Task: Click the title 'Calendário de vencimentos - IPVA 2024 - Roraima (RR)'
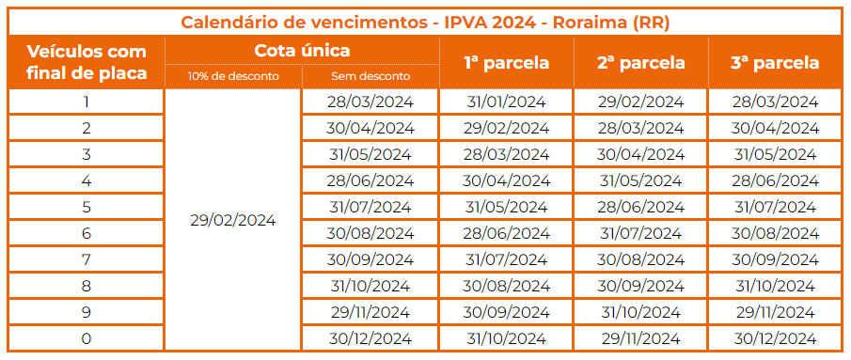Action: point(426,22)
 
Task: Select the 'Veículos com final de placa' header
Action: point(87,62)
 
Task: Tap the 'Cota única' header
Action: point(302,51)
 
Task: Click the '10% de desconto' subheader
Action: point(232,76)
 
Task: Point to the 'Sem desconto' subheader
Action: point(370,76)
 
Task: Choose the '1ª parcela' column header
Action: point(506,63)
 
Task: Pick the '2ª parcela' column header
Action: point(640,63)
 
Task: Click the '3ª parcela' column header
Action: point(775,63)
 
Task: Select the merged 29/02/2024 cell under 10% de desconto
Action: point(232,220)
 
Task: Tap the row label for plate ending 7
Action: point(87,259)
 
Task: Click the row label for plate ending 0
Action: point(87,338)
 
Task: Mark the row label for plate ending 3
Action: point(87,154)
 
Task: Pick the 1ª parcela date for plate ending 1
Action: point(506,102)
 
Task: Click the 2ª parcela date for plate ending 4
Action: point(640,180)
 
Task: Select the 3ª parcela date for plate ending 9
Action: point(775,312)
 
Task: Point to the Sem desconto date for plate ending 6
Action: point(370,233)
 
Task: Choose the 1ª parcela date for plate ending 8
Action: point(506,286)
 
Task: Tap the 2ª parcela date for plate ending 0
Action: point(640,338)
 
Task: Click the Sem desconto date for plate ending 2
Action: point(370,128)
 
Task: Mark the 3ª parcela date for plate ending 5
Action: point(775,207)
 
